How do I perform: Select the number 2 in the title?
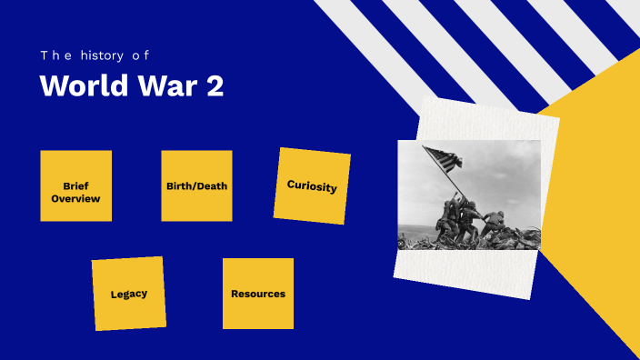214,86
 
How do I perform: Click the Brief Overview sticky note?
75,185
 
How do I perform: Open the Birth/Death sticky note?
196,185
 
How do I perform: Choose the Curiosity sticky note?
312,185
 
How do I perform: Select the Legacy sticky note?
128,294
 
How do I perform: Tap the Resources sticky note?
258,294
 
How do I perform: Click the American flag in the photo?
443,160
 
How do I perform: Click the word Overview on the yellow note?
75,198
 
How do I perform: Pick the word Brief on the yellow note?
75,185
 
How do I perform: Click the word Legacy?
128,294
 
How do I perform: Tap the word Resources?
258,294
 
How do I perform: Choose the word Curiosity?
312,186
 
